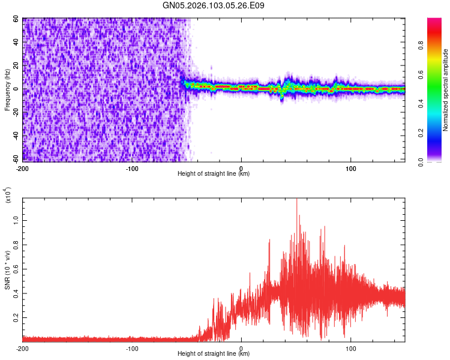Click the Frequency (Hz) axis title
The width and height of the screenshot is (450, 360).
(x=7, y=90)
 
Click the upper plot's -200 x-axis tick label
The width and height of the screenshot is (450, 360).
(x=23, y=168)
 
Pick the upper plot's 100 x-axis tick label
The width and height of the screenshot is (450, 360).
(x=350, y=168)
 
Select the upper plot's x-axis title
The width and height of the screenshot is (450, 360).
(x=214, y=174)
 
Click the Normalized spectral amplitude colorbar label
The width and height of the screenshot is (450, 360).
(x=446, y=90)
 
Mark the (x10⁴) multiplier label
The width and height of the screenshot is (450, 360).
(x=7, y=196)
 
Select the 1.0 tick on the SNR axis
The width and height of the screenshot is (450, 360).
(x=16, y=220)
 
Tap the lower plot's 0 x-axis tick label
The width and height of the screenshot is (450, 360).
(x=241, y=348)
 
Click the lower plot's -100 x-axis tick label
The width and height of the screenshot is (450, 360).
(x=132, y=348)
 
